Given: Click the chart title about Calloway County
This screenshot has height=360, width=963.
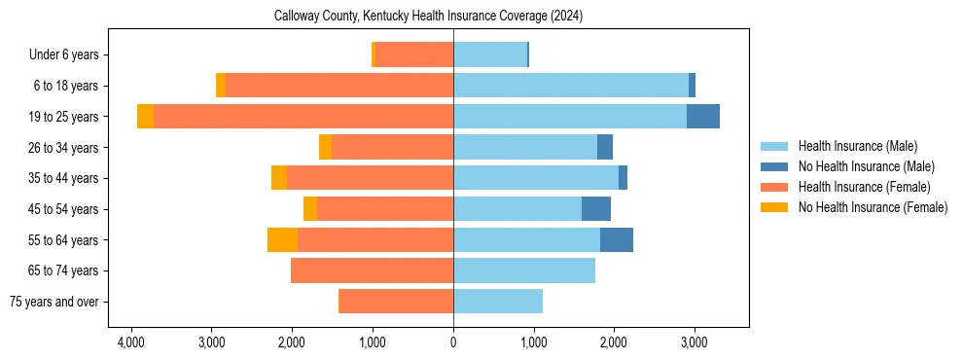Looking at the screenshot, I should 428,17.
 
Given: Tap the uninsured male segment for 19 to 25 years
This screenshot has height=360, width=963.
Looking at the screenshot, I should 703,117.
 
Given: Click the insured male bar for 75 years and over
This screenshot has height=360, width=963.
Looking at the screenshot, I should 498,302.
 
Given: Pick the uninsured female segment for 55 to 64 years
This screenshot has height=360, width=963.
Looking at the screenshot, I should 282,240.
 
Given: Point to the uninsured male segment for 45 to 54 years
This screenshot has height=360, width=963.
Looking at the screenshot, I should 596,209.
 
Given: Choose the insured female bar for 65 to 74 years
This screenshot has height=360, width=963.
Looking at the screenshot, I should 372,270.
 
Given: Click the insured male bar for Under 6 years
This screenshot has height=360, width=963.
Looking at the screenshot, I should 490,54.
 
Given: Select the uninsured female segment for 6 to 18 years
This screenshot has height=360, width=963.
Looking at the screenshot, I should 221,86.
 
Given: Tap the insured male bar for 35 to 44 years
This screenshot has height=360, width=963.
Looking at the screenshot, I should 536,178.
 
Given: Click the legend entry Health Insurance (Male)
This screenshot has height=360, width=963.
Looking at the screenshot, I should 857,146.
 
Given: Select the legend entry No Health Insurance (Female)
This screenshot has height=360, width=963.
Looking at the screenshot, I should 873,207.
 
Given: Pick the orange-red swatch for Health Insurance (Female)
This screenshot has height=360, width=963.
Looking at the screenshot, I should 774,187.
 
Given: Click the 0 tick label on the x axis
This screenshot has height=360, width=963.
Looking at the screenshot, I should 453,343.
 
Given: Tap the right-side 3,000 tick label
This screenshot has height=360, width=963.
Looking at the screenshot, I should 693,343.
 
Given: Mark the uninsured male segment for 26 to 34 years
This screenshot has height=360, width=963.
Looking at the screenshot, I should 605,148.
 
